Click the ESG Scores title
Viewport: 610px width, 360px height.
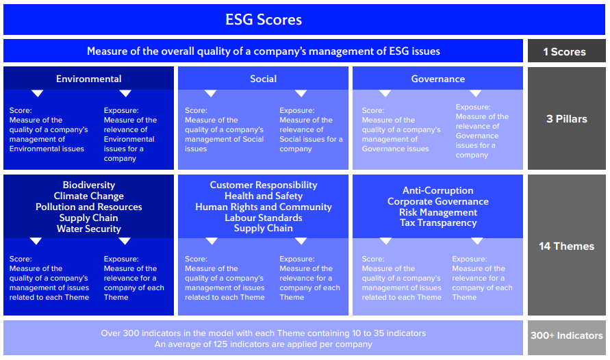[x=264, y=20]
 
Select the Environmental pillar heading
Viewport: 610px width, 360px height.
[x=89, y=79]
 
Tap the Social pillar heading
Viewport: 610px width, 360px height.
[x=264, y=79]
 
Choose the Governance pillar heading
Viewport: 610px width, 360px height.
[x=438, y=79]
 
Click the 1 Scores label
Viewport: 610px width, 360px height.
[x=565, y=52]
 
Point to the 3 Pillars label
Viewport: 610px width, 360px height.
[x=566, y=119]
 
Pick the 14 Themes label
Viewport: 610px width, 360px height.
[x=566, y=246]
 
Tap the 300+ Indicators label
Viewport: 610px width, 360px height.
[x=566, y=335]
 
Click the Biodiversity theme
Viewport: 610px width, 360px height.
[x=89, y=185]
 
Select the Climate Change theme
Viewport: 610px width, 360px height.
[x=89, y=196]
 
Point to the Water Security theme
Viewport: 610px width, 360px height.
[x=89, y=229]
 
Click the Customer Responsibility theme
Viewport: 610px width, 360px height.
[x=264, y=185]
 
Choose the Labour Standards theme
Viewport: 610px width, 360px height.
[x=264, y=218]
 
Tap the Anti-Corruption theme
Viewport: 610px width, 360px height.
[x=438, y=190]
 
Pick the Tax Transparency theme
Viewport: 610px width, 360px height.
[x=438, y=222]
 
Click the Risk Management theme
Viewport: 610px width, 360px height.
[x=438, y=212]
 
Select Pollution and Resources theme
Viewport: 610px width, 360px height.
[x=89, y=207]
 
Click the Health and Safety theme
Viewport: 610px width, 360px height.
[x=264, y=196]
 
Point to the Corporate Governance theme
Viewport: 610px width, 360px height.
[x=438, y=201]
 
